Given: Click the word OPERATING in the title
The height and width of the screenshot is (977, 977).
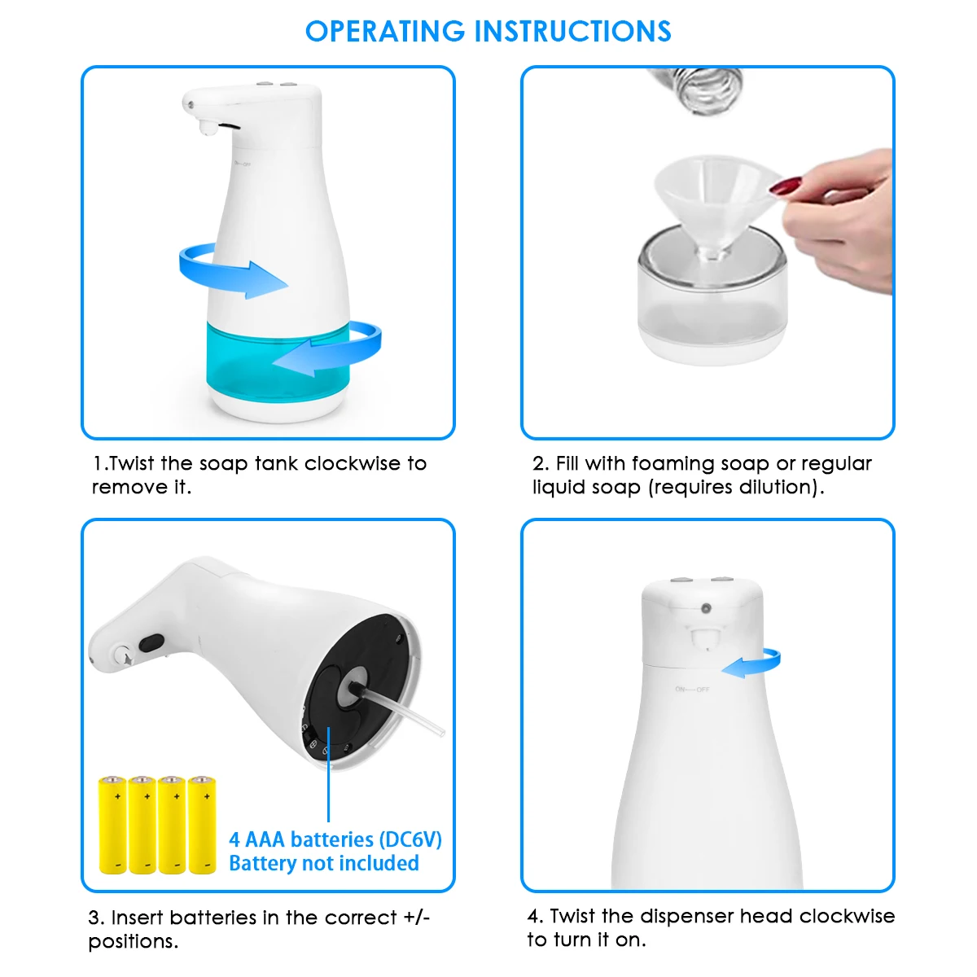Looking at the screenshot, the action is (x=385, y=32).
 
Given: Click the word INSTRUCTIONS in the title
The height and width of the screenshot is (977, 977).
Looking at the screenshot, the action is (x=573, y=32).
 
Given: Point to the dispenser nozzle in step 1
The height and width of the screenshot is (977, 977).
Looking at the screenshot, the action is (x=208, y=129).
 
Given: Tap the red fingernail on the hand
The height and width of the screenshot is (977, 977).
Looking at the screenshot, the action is (x=785, y=185).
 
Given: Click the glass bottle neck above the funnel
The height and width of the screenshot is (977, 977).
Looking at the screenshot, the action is (x=697, y=90).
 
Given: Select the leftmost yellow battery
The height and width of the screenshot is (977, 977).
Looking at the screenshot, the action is (x=112, y=825).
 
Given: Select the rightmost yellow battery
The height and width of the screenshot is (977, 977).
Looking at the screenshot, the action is (x=202, y=825).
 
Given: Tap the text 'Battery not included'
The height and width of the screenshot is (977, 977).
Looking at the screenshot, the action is (x=324, y=863).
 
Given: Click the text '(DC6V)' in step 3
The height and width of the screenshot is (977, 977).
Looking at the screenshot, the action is (x=410, y=839).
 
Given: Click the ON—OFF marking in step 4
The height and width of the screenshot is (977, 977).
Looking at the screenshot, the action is (x=692, y=690).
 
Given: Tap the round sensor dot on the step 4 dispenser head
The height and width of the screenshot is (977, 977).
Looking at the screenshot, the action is (x=706, y=608).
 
